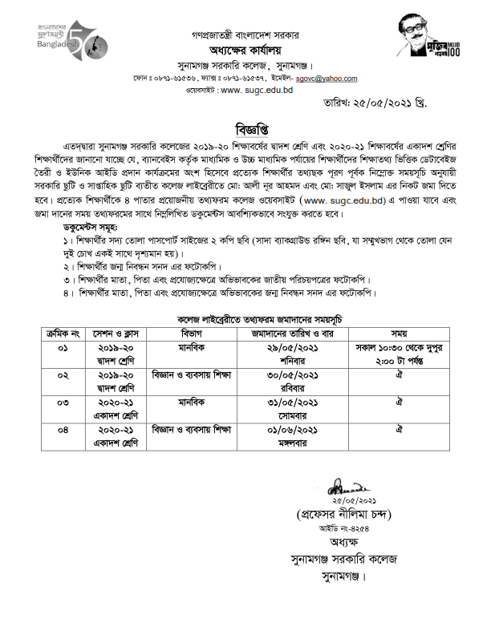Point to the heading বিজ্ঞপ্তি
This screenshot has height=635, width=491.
click(245, 131)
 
